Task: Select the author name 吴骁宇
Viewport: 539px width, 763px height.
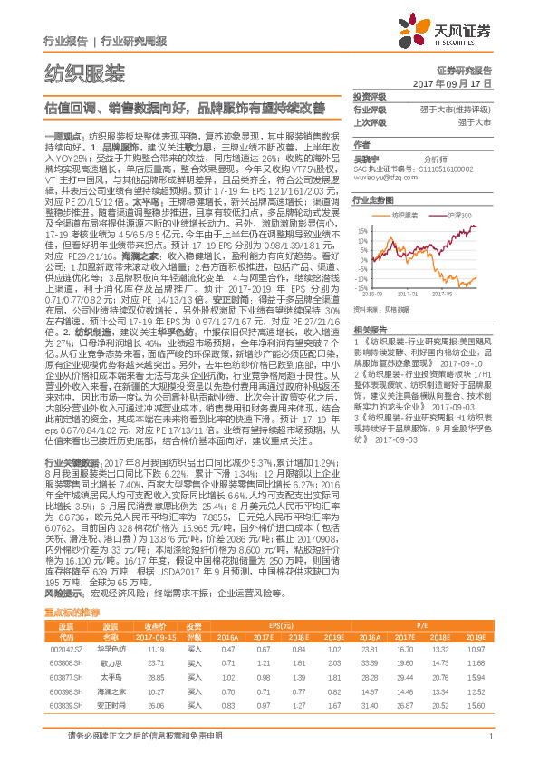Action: pyautogui.click(x=367, y=157)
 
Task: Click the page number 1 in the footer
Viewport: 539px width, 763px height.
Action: pyautogui.click(x=489, y=747)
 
